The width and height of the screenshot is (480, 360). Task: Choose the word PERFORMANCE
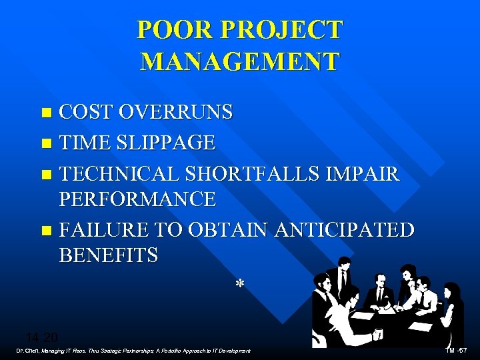coord(137,199)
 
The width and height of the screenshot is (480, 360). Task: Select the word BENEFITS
coord(109,255)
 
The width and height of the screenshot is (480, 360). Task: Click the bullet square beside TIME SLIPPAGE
coord(45,143)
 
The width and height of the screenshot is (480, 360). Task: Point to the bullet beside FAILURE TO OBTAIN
coord(45,231)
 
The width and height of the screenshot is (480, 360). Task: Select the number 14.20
coord(41,337)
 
